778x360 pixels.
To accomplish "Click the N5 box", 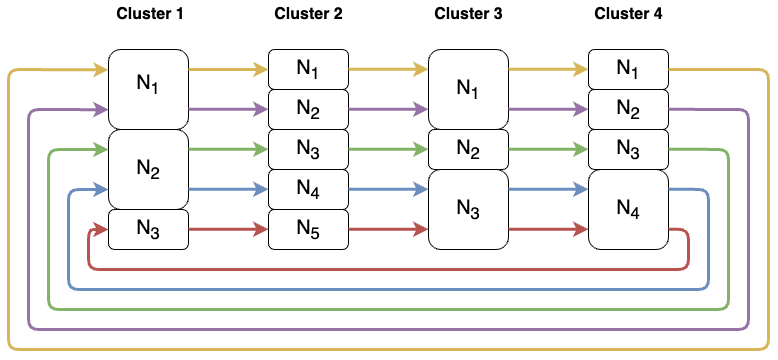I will (308, 229).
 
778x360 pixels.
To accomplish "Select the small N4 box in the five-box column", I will (308, 189).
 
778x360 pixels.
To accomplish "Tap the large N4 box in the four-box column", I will (627, 209).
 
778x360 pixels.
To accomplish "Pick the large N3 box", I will (467, 209).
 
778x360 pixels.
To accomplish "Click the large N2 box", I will (148, 169).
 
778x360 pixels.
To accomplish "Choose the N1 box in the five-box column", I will (308, 69).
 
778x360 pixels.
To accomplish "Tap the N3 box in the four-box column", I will (627, 149).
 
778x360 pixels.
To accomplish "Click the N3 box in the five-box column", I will (308, 149).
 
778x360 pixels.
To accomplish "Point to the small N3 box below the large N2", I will (148, 229).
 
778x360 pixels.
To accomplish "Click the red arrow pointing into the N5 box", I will (228, 229).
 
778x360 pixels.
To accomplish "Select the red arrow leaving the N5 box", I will (388, 229).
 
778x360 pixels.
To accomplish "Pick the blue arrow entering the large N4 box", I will (548, 189).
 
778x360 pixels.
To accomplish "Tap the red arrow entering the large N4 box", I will (548, 229).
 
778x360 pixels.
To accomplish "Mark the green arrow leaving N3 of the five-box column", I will (388, 149).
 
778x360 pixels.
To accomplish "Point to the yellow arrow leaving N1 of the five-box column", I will (388, 70).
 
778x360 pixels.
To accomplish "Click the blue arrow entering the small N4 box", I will (228, 189).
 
